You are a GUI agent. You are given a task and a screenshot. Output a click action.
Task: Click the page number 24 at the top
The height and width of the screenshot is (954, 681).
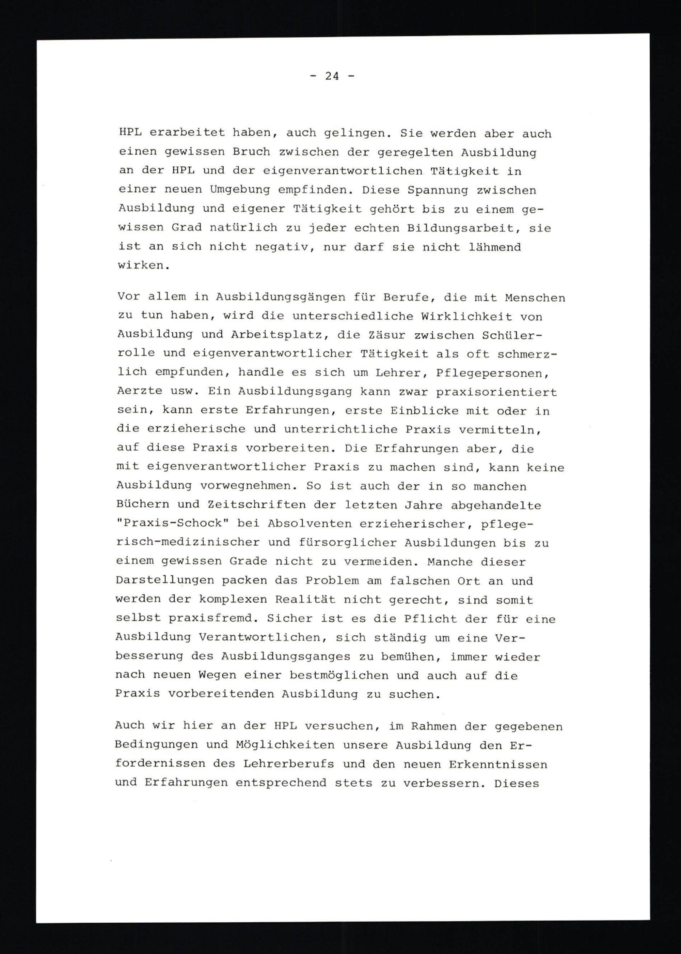332,76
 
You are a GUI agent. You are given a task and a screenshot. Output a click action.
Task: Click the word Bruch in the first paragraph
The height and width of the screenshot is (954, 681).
251,152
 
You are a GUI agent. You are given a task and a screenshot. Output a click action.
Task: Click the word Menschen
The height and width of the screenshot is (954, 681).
535,298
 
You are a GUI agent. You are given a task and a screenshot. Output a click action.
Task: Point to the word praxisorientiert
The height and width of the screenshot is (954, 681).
496,392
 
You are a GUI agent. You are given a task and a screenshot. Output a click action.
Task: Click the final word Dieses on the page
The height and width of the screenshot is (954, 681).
517,783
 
